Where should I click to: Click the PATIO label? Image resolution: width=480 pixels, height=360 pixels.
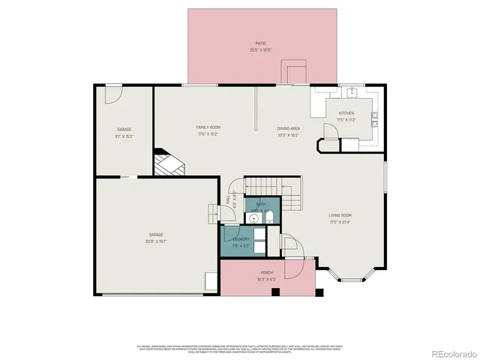click(261, 43)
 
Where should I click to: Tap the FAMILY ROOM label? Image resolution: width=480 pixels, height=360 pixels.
click(208, 128)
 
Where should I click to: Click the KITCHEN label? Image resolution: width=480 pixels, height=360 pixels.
click(346, 113)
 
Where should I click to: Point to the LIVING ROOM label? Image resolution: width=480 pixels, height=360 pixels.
click(340, 216)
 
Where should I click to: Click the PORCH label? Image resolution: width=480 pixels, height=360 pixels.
click(266, 272)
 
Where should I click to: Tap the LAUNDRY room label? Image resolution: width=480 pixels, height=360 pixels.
click(241, 239)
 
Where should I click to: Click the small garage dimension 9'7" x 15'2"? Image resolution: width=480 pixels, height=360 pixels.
click(124, 136)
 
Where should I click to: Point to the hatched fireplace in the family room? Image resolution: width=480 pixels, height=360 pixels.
click(168, 161)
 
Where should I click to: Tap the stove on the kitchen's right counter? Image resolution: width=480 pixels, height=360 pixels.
click(374, 118)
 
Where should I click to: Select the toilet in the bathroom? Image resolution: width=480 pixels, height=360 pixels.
click(268, 217)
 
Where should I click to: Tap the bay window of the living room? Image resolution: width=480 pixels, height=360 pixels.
click(352, 275)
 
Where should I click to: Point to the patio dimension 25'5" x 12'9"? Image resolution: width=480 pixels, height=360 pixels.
click(261, 50)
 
